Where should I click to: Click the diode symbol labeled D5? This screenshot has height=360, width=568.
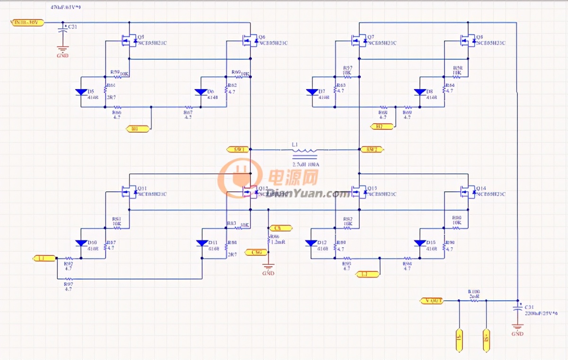(81, 92)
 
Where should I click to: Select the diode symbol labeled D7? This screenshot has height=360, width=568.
(312, 92)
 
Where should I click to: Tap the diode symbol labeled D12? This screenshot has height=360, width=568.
(311, 243)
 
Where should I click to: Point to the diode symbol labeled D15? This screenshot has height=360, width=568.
(420, 243)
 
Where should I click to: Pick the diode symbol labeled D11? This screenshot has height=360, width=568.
(202, 243)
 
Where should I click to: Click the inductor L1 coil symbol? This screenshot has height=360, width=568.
(304, 150)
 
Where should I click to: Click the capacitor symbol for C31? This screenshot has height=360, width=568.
(517, 309)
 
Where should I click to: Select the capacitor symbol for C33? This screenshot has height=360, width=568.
(62, 29)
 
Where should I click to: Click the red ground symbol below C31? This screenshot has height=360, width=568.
(517, 327)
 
